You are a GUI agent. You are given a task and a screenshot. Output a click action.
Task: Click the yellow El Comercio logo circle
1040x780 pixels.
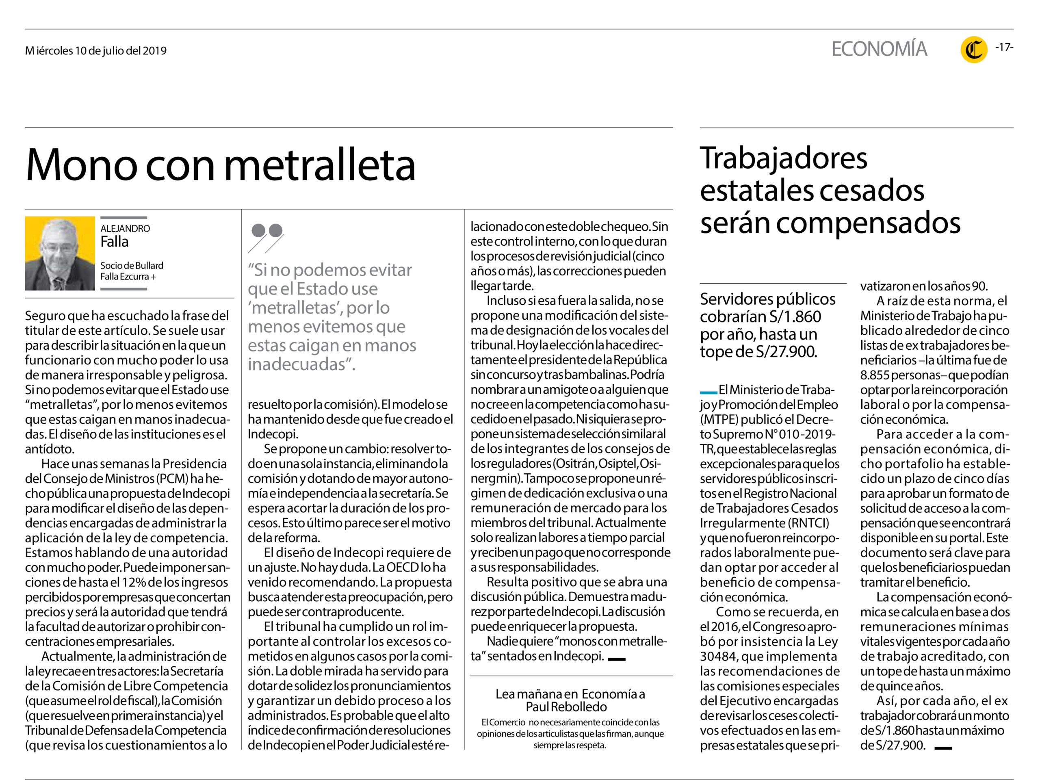click(x=974, y=50)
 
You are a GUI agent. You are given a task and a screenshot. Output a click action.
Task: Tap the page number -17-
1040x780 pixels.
click(x=1004, y=47)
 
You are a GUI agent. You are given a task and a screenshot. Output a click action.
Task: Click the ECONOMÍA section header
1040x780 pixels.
click(x=879, y=49)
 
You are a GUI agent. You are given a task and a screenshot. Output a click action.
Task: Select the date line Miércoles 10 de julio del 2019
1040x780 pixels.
click(x=96, y=51)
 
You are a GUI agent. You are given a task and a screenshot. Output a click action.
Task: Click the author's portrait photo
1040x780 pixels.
click(x=60, y=253)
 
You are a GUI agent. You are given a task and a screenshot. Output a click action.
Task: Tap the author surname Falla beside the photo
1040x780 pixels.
click(x=114, y=242)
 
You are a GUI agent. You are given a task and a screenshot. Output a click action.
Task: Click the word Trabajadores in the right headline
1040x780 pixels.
click(x=783, y=158)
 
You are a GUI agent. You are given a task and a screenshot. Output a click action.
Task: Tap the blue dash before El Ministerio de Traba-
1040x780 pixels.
click(x=708, y=392)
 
